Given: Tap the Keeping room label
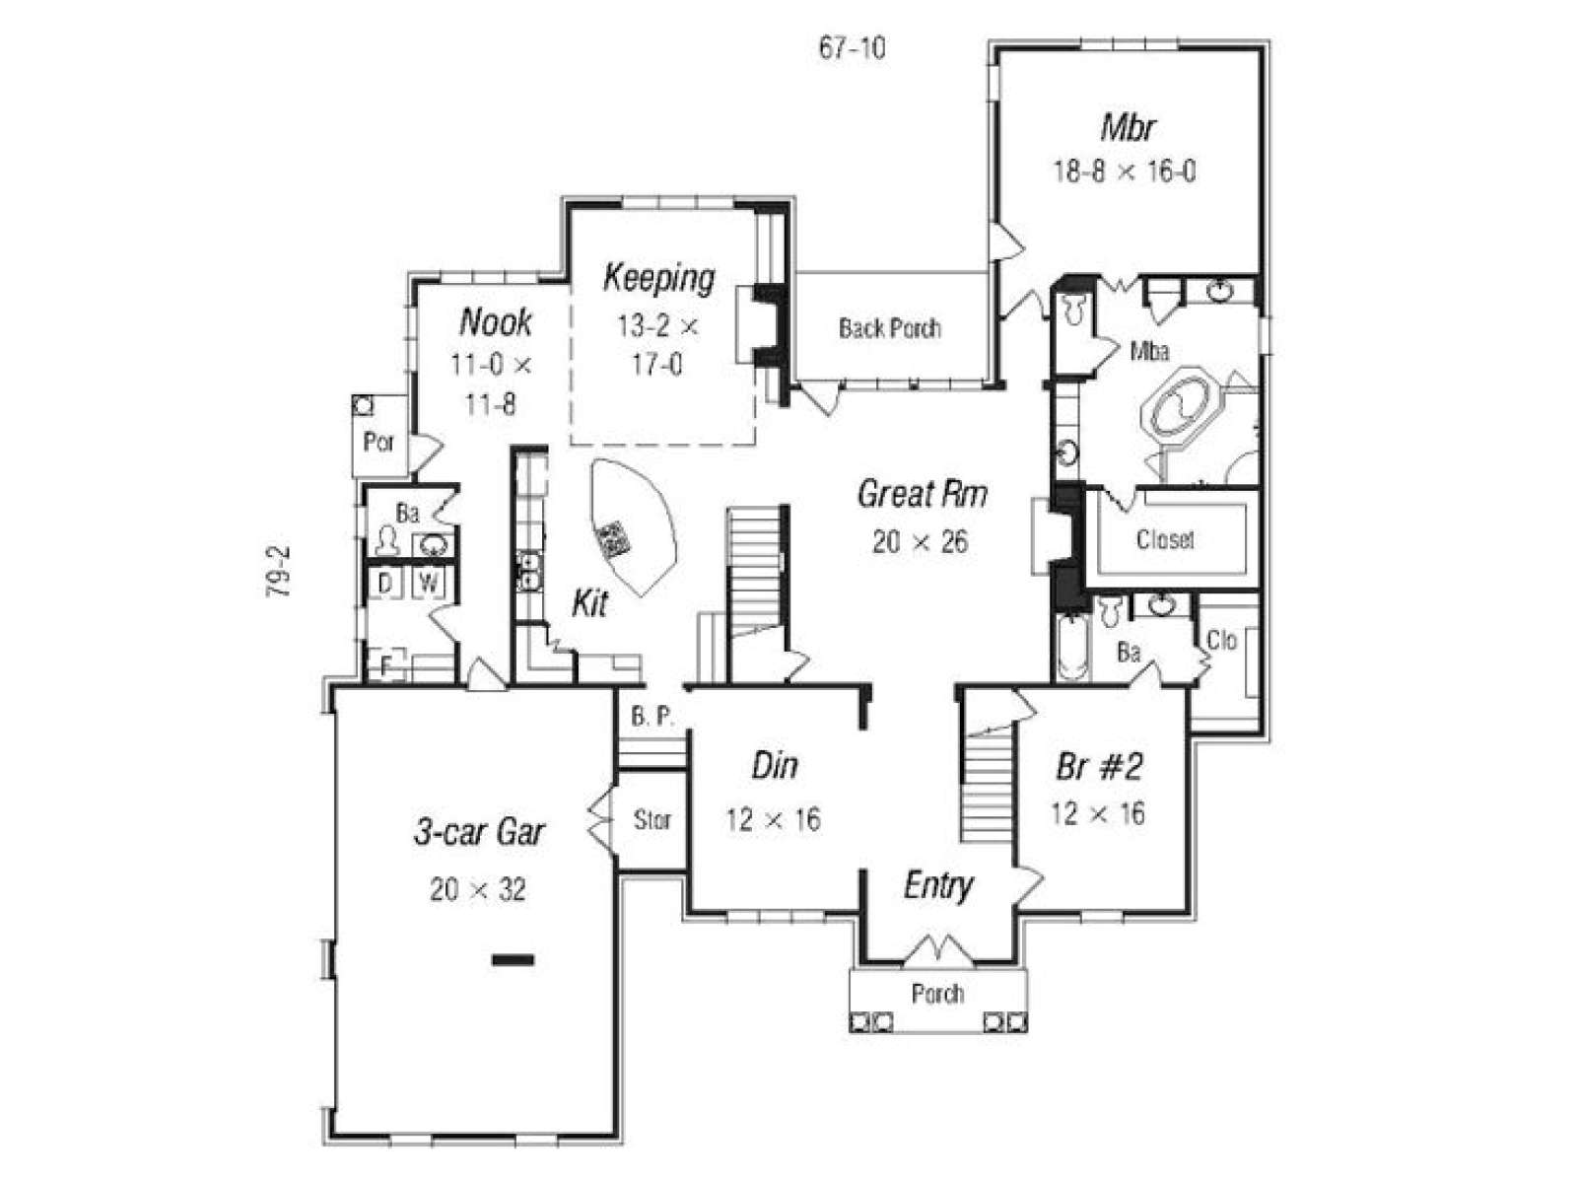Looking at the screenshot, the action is coord(658,278).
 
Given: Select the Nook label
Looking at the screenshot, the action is coord(495,321).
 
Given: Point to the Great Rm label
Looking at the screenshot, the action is coord(922,494).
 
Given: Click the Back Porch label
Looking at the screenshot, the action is coord(889,328).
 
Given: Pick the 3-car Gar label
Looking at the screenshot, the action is coord(479,832).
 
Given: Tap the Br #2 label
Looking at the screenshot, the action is coord(1099,767).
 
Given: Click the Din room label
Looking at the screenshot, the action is coord(775,766).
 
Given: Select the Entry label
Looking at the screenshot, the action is coord(937,886).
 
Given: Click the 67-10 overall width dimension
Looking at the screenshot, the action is coord(853,48).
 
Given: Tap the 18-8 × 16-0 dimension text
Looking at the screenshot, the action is coord(1125,172).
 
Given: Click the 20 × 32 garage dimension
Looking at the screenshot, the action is coord(478,890).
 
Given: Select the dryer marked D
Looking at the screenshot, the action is coord(385,583).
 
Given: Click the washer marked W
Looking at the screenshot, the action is coord(428,583).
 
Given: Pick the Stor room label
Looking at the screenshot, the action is coord(651,819).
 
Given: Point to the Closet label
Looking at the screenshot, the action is coord(1165,538).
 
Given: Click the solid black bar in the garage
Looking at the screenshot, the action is coord(513,959).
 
